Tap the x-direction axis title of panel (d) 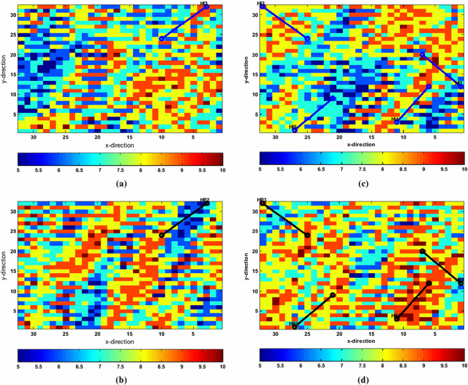(x=362, y=341)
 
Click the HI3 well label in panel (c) (x=261, y=4)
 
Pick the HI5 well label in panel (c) (x=292, y=127)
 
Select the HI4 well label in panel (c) (x=395, y=119)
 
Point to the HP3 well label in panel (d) (x=261, y=200)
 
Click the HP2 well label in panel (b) (x=204, y=200)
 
